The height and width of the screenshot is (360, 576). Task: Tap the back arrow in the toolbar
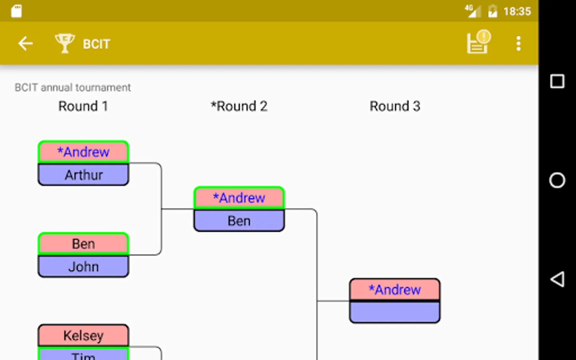click(25, 43)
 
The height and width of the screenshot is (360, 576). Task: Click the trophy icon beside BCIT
click(65, 43)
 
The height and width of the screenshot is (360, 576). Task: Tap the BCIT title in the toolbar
click(96, 44)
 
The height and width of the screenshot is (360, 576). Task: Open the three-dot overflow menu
click(518, 44)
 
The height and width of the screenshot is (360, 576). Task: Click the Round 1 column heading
click(83, 106)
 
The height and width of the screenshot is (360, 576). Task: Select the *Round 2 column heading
click(239, 106)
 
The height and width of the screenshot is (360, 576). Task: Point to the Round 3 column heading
click(395, 106)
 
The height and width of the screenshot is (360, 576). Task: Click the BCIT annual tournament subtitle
click(73, 88)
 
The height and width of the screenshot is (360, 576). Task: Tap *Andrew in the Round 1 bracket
click(83, 152)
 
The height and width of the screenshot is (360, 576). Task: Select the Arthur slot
click(83, 174)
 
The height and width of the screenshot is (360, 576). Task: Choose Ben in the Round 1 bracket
click(83, 244)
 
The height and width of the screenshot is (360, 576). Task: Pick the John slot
click(83, 266)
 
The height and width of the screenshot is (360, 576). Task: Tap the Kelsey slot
click(83, 335)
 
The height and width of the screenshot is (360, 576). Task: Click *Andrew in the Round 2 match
click(239, 198)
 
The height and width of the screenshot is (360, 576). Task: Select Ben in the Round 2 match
click(239, 221)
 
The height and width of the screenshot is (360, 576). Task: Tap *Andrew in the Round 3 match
click(395, 290)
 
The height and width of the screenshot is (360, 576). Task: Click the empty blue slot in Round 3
click(395, 312)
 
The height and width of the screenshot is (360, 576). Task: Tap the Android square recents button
click(557, 82)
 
